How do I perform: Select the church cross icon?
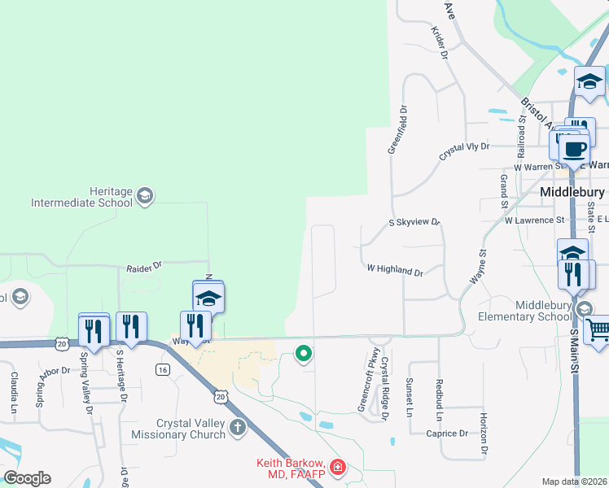238,427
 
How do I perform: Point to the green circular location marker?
304,353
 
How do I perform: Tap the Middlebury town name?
572,192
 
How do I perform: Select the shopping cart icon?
598,329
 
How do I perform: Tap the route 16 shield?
164,369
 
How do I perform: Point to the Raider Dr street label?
145,266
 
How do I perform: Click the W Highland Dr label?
395,268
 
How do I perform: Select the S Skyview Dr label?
414,221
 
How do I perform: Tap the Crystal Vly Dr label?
464,147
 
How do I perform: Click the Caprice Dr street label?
447,434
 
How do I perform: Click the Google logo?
27,478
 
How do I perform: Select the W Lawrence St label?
534,220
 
